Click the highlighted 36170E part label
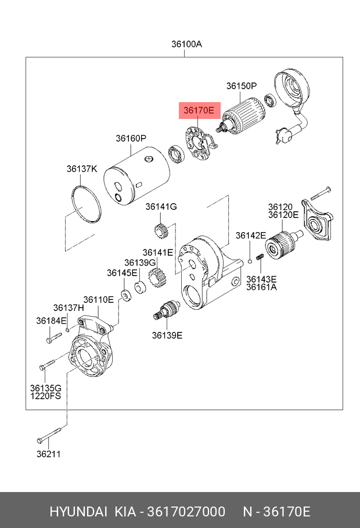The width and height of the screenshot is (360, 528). (199, 110)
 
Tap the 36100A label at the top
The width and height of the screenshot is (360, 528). (187, 44)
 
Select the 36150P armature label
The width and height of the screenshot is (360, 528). (242, 86)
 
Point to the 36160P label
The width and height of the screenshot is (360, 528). (131, 139)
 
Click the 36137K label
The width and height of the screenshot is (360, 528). (82, 169)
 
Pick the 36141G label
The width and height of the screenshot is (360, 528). (161, 207)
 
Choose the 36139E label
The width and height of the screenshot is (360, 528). (167, 335)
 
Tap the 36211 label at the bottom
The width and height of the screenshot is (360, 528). (49, 454)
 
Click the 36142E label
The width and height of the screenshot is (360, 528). (251, 236)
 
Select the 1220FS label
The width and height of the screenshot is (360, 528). (46, 396)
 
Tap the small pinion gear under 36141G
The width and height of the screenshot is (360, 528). (161, 232)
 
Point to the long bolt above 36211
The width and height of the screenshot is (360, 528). (49, 436)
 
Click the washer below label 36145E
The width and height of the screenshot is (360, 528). (127, 295)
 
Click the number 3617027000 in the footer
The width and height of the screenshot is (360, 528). (186, 512)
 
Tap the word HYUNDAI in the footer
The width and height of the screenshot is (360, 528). (78, 512)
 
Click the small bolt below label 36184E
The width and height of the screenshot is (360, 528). (54, 338)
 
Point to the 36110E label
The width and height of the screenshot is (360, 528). (99, 300)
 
